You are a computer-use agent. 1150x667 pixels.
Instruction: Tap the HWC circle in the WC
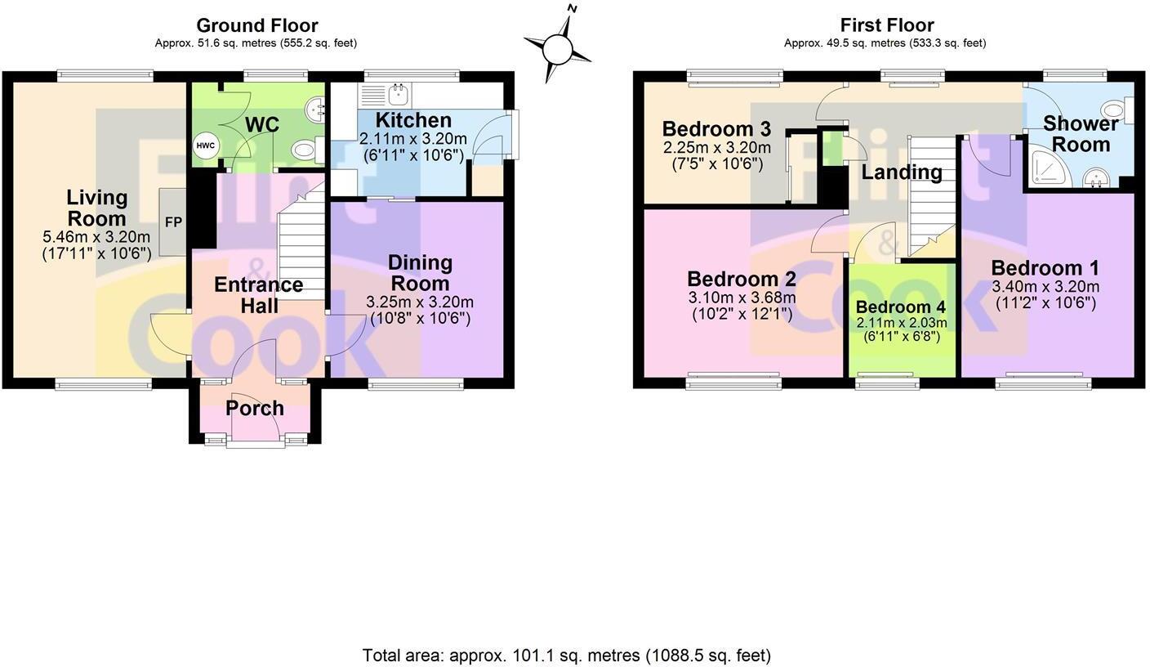206,146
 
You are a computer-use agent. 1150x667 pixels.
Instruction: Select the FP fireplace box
173,222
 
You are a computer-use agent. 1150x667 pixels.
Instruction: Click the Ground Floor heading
256,25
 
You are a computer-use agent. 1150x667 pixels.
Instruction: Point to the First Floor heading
886,25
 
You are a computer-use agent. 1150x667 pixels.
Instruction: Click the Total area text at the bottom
566,655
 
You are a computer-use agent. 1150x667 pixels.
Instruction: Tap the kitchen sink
399,95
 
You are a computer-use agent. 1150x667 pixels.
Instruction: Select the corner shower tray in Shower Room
1046,168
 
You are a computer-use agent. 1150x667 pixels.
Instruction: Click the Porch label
255,408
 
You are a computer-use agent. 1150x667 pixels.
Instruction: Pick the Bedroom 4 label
901,307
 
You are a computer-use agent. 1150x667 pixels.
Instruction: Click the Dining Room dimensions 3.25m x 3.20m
420,302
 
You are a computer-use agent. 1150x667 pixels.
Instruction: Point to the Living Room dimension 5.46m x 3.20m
96,237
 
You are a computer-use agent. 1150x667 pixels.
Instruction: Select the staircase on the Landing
932,192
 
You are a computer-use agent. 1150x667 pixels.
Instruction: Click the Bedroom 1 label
1045,268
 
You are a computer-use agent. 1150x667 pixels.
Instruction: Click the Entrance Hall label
258,295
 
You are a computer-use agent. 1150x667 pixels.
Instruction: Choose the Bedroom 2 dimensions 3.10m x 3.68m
742,298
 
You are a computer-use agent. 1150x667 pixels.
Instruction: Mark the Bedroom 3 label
716,129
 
